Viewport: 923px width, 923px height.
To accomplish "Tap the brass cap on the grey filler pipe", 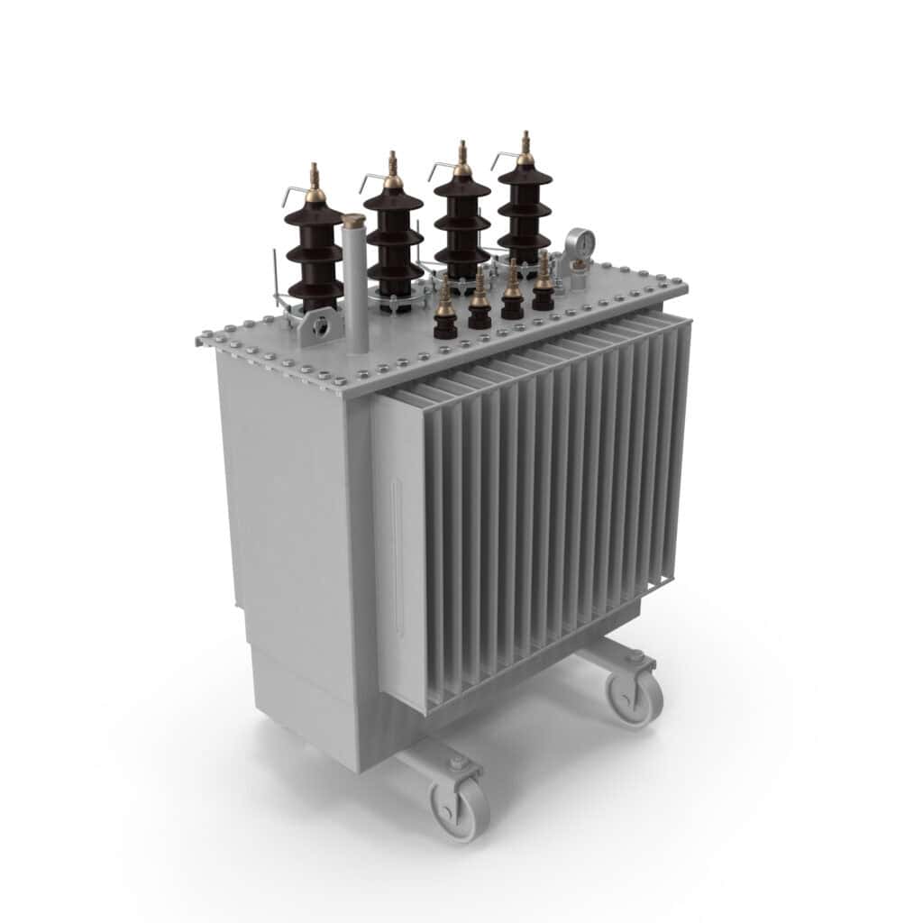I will click(x=354, y=221).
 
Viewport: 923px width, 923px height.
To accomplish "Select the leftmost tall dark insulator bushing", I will click(x=315, y=252).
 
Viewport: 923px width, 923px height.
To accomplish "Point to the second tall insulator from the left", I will click(x=394, y=239).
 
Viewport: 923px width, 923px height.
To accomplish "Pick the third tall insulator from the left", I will click(x=461, y=225).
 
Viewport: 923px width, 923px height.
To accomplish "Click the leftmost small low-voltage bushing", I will click(x=445, y=315).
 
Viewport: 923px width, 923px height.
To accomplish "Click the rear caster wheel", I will click(x=635, y=695).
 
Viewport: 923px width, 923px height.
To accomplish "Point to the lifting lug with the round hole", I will click(x=317, y=326).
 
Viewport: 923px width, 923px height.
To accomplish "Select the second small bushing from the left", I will click(x=480, y=306).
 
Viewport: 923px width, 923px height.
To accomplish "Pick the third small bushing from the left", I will click(x=512, y=297).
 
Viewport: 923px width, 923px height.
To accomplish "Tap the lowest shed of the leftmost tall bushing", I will click(x=315, y=290).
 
